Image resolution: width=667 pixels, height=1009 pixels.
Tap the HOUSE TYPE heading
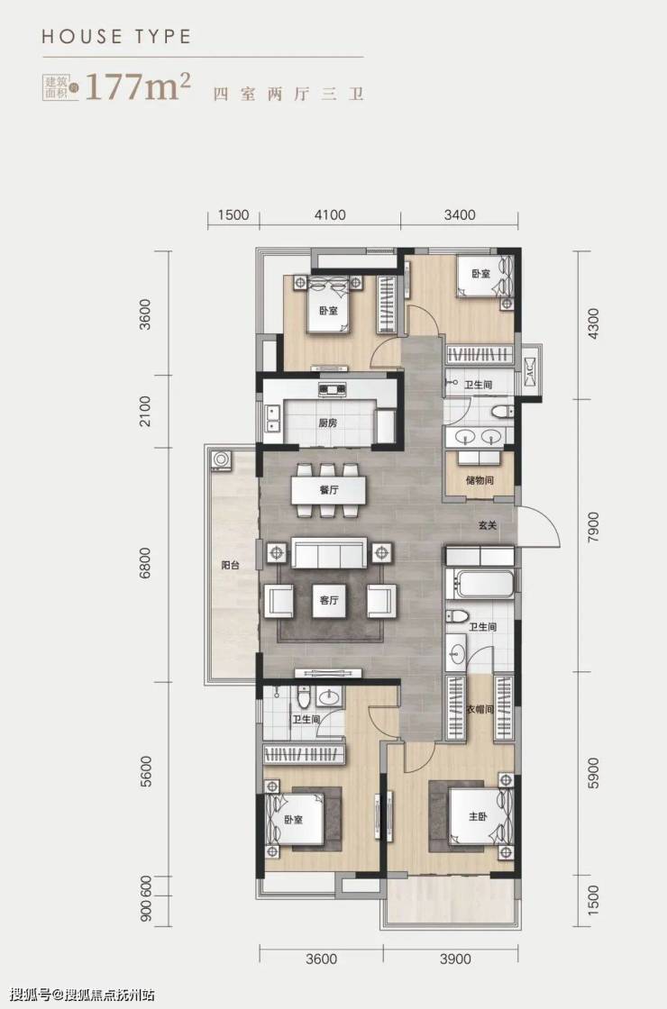coord(116,36)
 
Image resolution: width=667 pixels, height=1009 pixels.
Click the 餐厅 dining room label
coord(329,490)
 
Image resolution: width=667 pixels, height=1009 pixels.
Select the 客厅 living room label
coord(329,600)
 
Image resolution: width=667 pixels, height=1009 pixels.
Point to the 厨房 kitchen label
coord(328,423)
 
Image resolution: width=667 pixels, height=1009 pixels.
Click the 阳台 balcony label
coord(231,566)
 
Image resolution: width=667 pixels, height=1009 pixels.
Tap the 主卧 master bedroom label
coord(478,816)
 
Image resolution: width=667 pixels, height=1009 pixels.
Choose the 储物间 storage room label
coord(480,480)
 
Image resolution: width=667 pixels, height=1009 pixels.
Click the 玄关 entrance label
coord(488,525)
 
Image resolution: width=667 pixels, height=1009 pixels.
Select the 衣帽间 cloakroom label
coord(480,709)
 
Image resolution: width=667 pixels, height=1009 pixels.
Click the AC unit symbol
coord(531,370)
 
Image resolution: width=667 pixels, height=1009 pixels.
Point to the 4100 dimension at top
coord(330,214)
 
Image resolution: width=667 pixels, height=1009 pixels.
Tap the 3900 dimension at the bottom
coord(455,959)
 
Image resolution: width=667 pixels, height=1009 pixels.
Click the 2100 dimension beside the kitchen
coord(145,411)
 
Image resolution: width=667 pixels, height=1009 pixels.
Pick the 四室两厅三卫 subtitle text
coord(289,94)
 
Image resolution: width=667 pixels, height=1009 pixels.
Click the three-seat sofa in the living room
coord(329,553)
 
